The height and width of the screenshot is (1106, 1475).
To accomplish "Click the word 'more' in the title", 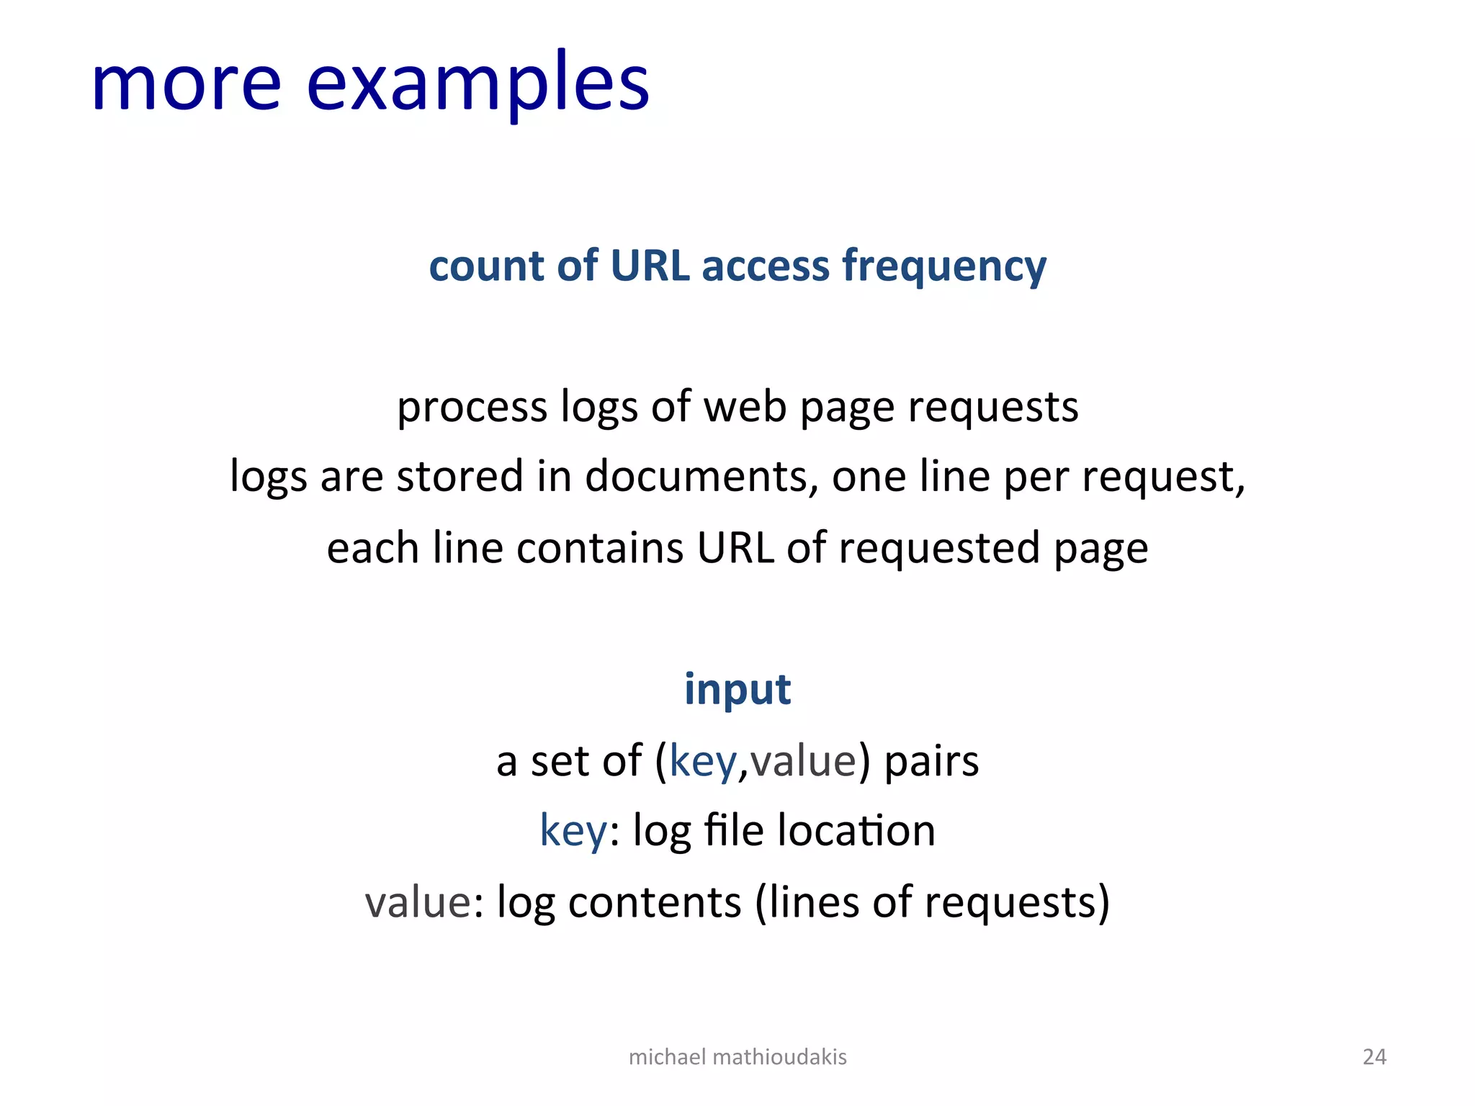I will coord(186,84).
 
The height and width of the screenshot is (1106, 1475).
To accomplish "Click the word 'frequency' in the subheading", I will coord(944,266).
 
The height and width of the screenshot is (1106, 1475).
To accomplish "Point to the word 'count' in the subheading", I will coord(486,265).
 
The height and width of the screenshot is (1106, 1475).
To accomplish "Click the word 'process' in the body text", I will coord(472,408).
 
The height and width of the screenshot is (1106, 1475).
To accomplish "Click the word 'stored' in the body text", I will coord(459,477).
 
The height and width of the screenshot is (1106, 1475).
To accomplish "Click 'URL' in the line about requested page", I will coord(735,547).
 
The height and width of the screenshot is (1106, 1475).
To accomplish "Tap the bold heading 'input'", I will coord(737,689).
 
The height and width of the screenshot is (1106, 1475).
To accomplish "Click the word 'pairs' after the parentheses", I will coord(931,760).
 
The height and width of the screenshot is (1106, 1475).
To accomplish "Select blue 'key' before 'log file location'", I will coord(573,831).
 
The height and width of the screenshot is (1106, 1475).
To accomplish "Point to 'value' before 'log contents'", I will coord(418,902).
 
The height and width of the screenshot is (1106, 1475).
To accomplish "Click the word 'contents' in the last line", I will coord(655,902).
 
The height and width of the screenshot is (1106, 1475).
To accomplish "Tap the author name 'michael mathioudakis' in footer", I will coord(737,1057).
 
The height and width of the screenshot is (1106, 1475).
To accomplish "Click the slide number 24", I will coord(1374,1057).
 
